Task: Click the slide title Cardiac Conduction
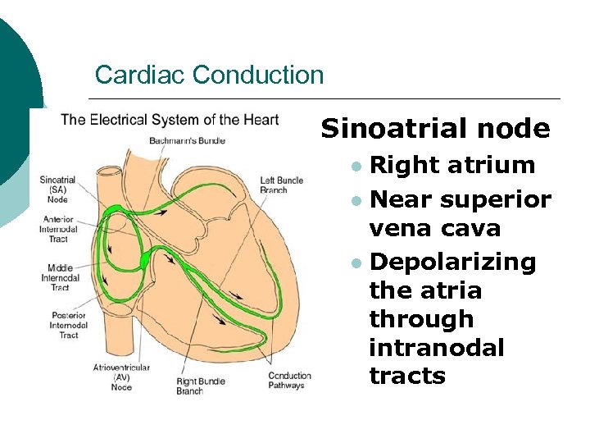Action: coord(209,75)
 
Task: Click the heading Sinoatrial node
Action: coord(435,128)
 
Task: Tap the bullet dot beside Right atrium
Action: coord(356,166)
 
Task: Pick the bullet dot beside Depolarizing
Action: coord(356,263)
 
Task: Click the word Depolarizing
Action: coord(452,262)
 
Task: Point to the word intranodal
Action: coord(437,347)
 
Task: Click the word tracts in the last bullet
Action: coord(407,376)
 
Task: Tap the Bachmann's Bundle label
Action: coord(187,140)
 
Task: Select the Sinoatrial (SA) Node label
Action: coord(57,189)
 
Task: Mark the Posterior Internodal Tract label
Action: coord(58,326)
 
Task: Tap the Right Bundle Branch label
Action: coord(201,386)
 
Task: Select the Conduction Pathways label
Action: coord(289,381)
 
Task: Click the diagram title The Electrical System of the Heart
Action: coord(170,120)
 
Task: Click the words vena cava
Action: coord(434,228)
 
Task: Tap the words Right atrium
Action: coord(452,165)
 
